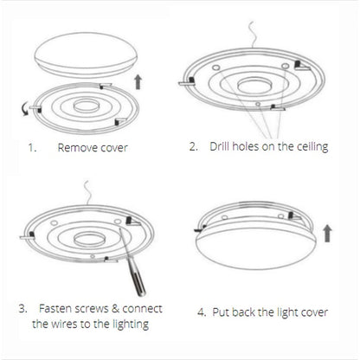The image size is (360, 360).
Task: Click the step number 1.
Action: click(x=31, y=148)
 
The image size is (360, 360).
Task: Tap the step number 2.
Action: click(x=194, y=146)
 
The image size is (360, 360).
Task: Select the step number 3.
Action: click(x=22, y=307)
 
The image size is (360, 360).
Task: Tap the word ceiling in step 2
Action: click(x=310, y=146)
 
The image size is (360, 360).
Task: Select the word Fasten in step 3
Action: click(x=58, y=307)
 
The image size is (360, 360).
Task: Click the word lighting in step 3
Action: click(x=125, y=325)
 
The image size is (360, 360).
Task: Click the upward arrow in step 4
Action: click(x=326, y=233)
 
